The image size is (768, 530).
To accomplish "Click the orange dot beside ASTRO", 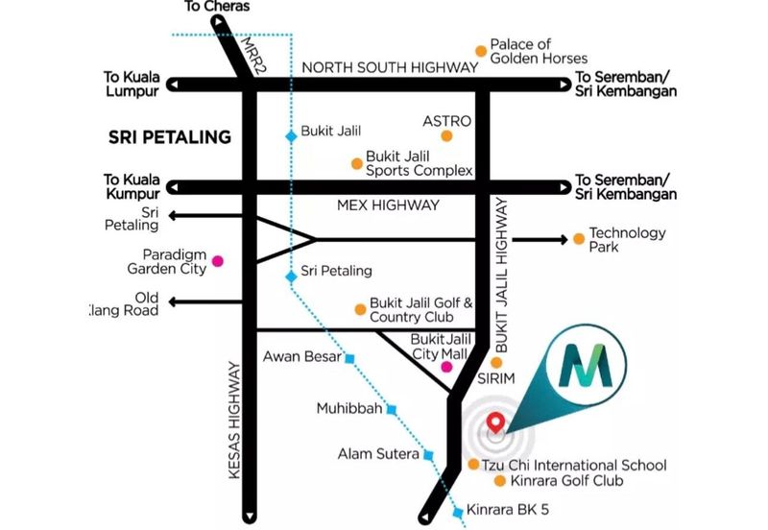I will (x=446, y=136).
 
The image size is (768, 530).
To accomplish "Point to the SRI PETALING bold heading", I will (x=172, y=137).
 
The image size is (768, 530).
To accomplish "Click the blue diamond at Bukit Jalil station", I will (x=291, y=136).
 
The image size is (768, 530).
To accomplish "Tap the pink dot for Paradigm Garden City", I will (x=218, y=260).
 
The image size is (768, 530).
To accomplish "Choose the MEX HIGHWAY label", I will (x=389, y=205).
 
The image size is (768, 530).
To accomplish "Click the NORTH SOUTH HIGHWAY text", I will (x=389, y=67).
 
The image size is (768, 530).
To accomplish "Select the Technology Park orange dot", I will (x=578, y=239).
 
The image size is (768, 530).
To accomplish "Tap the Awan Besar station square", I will (x=349, y=358).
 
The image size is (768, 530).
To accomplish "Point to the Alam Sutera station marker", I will (x=428, y=454).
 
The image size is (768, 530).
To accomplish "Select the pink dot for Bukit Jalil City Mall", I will (x=445, y=367).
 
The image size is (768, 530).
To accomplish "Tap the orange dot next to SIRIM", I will (x=496, y=362).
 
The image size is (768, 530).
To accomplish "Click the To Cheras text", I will (x=217, y=7).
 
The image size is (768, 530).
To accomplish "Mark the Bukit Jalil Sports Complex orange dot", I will (x=357, y=162).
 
